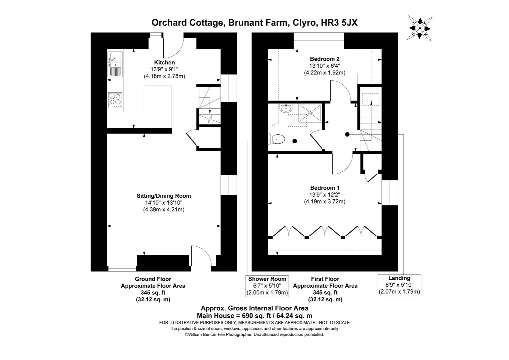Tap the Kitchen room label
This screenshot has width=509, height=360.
(x=164, y=62)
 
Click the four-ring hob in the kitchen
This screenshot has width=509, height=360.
(x=115, y=100)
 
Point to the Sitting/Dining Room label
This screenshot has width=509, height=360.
(x=164, y=196)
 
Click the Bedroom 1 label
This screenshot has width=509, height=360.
(x=325, y=188)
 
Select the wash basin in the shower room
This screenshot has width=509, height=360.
(x=286, y=108)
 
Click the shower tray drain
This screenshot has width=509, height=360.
(x=310, y=113)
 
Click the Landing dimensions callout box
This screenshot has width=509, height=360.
(x=399, y=285)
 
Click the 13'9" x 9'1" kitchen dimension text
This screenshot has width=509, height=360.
(x=164, y=69)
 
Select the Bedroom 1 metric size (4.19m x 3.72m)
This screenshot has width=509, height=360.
(x=325, y=201)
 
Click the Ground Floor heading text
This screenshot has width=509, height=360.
(x=153, y=279)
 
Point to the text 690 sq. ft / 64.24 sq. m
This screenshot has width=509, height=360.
(x=270, y=315)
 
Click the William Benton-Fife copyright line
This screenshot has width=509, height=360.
(x=254, y=334)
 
